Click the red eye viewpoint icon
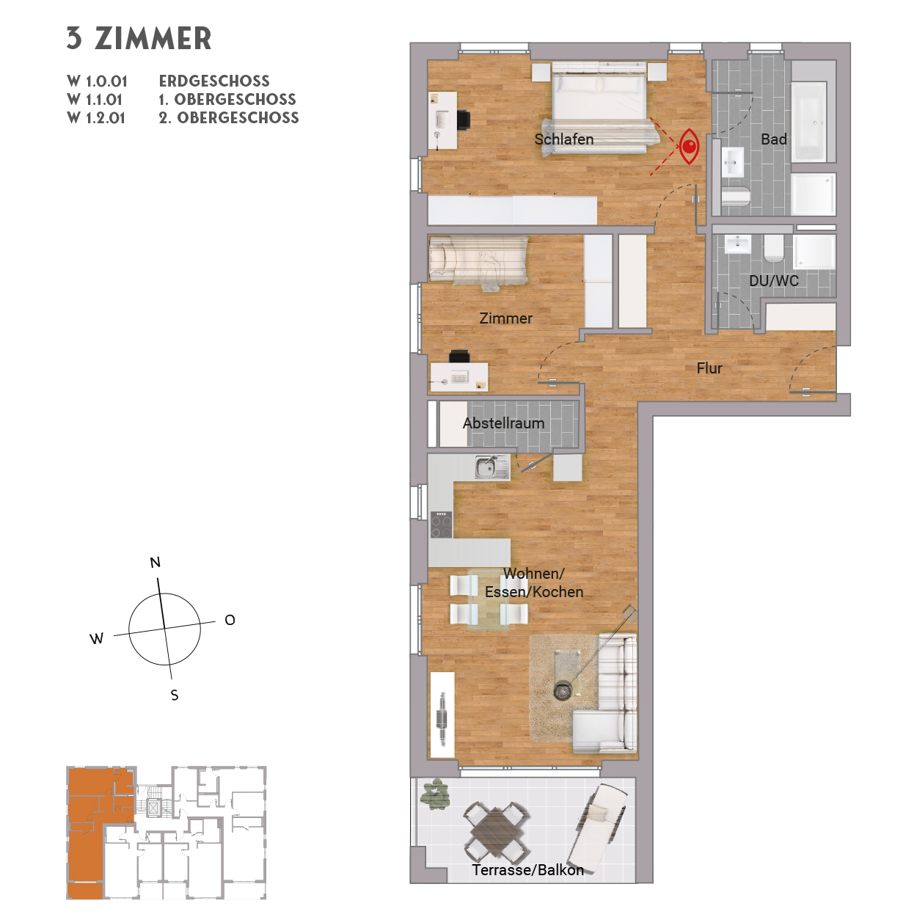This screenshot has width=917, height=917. click(x=689, y=146)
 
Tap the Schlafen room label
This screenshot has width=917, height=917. click(x=563, y=139)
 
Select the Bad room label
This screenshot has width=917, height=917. click(x=773, y=139)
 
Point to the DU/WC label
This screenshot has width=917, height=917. click(x=773, y=280)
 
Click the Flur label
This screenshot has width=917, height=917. click(x=709, y=368)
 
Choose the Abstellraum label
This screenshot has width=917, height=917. click(x=503, y=423)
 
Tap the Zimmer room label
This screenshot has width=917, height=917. click(x=505, y=318)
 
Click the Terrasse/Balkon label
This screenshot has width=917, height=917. click(x=527, y=870)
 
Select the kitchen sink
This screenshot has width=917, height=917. click(x=488, y=467)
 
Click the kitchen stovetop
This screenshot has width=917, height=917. click(x=441, y=524)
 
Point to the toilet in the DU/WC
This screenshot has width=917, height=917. click(x=773, y=249)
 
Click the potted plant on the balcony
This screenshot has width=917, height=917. click(x=436, y=794)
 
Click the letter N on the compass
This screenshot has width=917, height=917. click(x=155, y=563)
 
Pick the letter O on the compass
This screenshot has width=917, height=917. click(x=230, y=621)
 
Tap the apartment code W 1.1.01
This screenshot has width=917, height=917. click(x=95, y=100)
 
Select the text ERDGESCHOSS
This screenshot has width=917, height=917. click(x=214, y=81)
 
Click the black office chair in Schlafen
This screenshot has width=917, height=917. click(x=464, y=120)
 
